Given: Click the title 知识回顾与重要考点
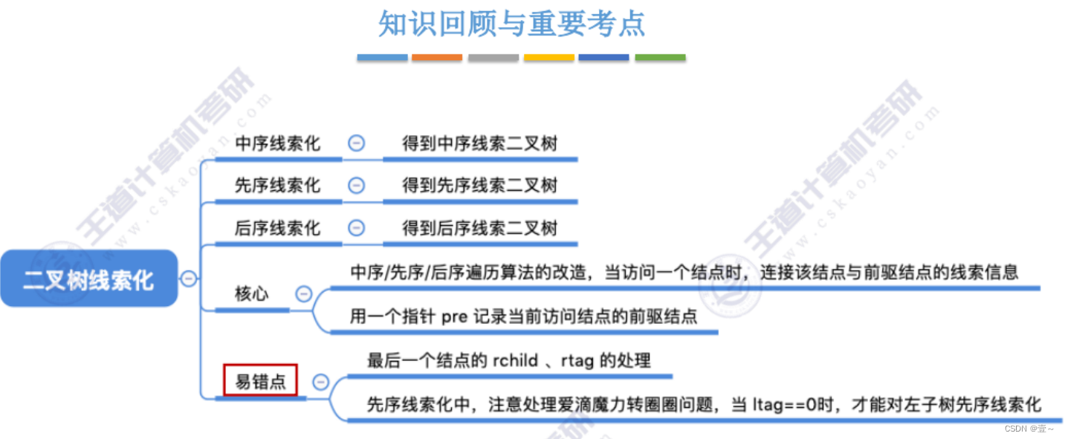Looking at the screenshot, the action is (511, 24).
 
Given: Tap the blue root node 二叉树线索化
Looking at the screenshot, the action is (88, 279).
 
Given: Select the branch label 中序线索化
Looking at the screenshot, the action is (277, 143).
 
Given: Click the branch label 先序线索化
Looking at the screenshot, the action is (277, 186).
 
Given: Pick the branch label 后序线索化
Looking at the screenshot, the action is (277, 228).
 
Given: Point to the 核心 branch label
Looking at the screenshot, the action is (252, 293).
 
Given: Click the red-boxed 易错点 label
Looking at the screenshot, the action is (261, 382).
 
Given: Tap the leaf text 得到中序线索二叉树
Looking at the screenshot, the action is (479, 143).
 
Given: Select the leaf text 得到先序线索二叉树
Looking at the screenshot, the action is (479, 186).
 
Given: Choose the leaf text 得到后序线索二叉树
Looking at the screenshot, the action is (479, 228).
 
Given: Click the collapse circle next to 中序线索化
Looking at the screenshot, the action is (357, 143).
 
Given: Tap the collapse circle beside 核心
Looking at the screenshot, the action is (303, 293).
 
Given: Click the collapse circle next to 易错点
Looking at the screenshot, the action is (321, 382).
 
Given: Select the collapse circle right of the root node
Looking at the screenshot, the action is (189, 279).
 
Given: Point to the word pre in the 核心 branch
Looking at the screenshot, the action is (454, 316).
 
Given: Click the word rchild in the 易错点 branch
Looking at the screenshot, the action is (514, 361).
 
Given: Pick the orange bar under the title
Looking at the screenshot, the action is (437, 57).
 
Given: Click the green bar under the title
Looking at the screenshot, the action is (660, 57).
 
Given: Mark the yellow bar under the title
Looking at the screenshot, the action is (548, 57).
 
